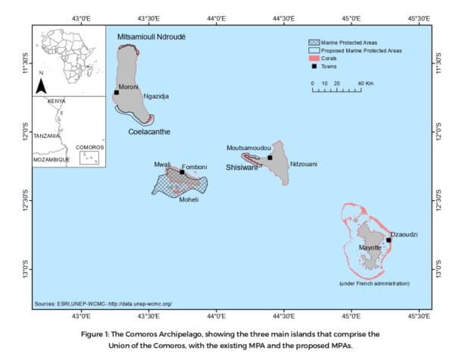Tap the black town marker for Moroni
117,92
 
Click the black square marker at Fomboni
183,171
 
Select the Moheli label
189,199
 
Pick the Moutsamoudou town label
248,148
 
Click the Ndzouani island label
303,164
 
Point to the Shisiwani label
242,167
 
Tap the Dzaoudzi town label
404,234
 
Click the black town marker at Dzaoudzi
389,239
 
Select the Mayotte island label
370,247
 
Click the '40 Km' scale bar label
365,83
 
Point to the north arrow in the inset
42,84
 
